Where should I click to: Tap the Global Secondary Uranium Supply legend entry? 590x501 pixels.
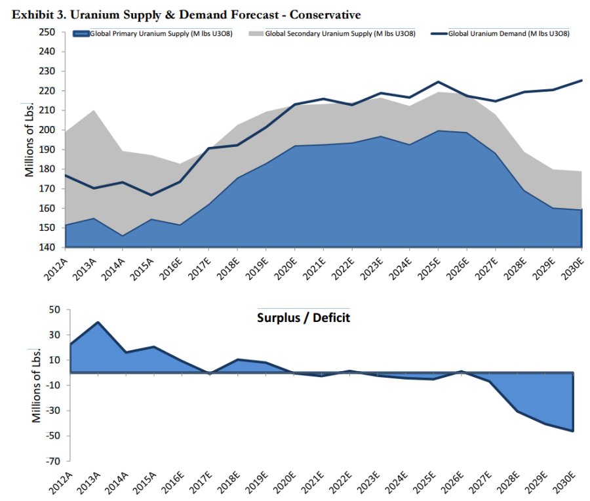334,33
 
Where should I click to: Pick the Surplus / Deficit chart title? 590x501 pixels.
303,318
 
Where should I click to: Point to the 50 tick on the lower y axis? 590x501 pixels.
55,310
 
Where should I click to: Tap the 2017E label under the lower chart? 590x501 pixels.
200,481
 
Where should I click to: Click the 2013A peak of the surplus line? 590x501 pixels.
98,322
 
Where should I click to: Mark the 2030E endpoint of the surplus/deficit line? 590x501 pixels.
573,431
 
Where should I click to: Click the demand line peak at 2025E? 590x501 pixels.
438,82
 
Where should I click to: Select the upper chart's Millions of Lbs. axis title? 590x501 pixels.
29,140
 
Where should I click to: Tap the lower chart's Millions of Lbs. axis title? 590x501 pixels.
37,386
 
